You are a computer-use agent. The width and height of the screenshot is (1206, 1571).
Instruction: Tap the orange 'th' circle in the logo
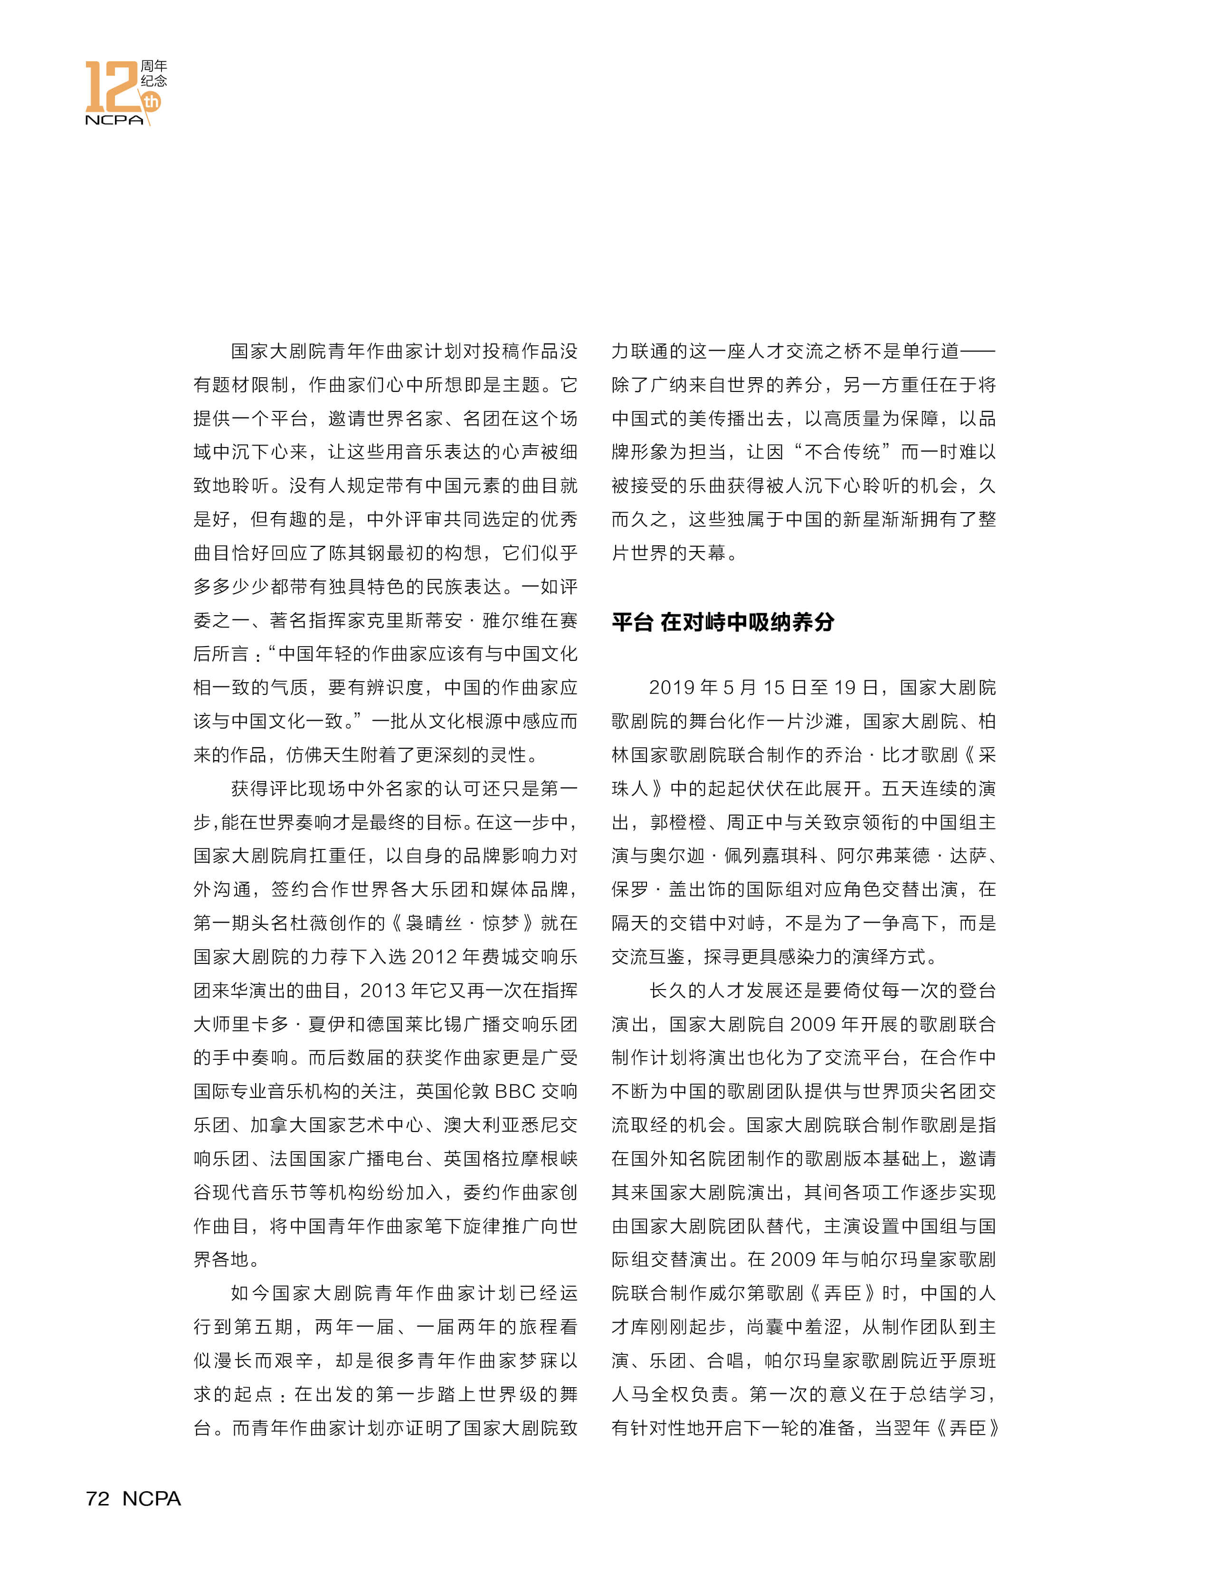click(152, 101)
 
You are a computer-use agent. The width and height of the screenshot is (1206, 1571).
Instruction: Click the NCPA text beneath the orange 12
click(114, 120)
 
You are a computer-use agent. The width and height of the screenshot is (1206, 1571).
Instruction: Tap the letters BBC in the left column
click(515, 1091)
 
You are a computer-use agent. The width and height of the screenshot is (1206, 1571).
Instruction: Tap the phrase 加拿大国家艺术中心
click(337, 1125)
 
